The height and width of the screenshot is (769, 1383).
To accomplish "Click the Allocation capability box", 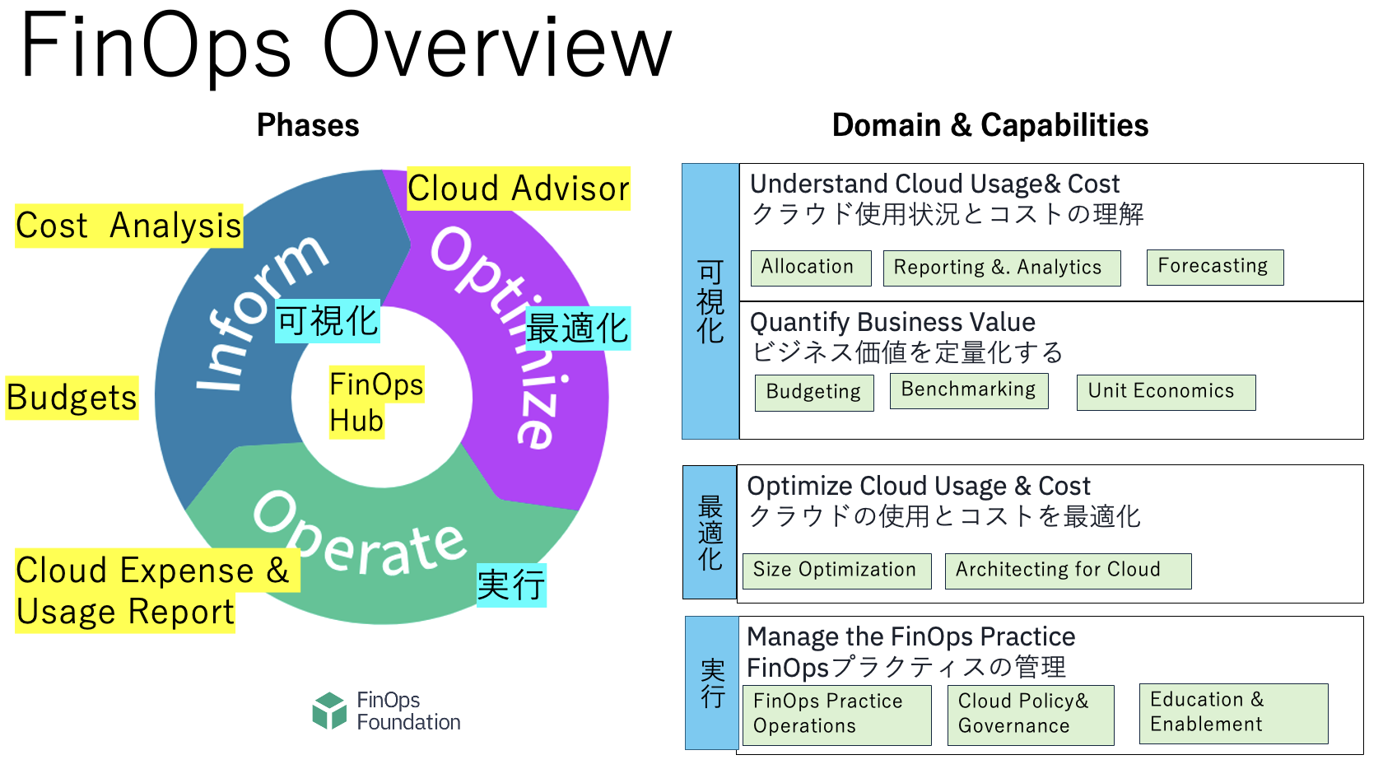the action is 811,268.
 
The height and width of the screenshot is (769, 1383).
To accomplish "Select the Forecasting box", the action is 1215,268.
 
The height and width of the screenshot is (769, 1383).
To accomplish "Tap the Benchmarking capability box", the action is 969,391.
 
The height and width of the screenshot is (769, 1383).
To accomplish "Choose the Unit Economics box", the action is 1166,392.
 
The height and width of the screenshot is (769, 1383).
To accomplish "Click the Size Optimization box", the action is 836,571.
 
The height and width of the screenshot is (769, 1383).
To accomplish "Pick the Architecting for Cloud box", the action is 1069,571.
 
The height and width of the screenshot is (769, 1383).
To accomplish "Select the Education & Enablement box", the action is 1233,713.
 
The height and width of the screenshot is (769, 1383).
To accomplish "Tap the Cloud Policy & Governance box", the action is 1031,715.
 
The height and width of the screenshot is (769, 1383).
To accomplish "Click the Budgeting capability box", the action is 814,393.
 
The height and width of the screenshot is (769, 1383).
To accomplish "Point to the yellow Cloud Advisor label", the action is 519,189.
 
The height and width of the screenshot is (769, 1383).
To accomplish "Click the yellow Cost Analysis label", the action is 128,226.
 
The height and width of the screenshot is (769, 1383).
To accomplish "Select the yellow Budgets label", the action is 72,397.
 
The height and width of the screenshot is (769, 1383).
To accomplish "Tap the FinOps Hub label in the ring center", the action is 376,402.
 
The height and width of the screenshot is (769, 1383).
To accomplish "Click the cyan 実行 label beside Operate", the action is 511,585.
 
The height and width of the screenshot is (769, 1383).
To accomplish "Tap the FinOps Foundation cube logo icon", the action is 329,711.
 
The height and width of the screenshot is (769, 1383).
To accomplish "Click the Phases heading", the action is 308,125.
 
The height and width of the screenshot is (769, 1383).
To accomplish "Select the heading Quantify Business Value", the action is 892,323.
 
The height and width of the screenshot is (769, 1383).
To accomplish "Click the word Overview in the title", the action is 497,49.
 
